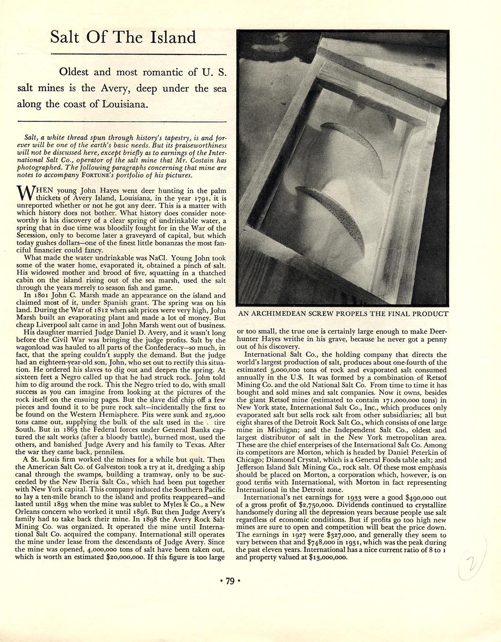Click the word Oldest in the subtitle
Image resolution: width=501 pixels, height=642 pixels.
73,72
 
